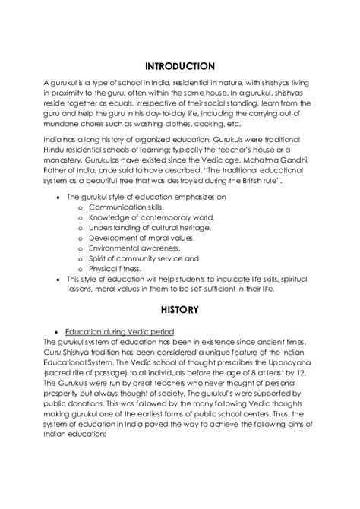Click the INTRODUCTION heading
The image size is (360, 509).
click(179, 66)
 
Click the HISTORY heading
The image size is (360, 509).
click(179, 309)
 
